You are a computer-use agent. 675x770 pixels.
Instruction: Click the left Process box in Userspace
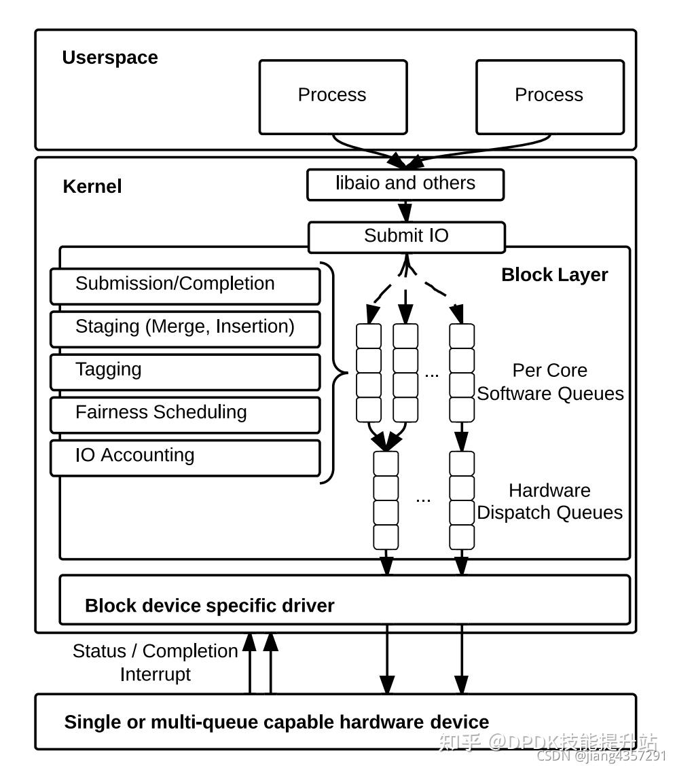333,96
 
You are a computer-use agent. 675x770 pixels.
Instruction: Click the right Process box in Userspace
549,96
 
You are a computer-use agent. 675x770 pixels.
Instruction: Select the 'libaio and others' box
405,185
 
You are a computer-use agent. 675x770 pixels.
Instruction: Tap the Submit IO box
406,237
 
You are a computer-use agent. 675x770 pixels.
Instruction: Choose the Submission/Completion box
185,286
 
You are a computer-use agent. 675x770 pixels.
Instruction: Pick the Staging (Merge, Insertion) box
185,329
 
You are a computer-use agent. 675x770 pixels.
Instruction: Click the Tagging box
185,371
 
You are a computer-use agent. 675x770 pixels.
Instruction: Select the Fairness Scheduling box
185,414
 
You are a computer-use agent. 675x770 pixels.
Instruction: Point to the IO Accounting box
185,457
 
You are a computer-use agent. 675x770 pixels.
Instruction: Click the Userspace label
110,58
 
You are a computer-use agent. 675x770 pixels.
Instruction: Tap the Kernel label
92,187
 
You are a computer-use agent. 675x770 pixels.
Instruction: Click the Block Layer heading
554,275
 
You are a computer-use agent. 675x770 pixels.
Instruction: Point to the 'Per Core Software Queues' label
550,382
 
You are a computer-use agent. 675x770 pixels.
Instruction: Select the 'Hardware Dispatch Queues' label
550,502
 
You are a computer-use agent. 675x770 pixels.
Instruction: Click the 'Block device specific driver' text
209,606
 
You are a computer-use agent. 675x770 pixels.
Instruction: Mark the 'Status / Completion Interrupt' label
156,663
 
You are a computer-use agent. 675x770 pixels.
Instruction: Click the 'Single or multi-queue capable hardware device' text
276,722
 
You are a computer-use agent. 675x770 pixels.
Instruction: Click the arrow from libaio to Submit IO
405,211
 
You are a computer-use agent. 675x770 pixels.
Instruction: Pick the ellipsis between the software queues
432,374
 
